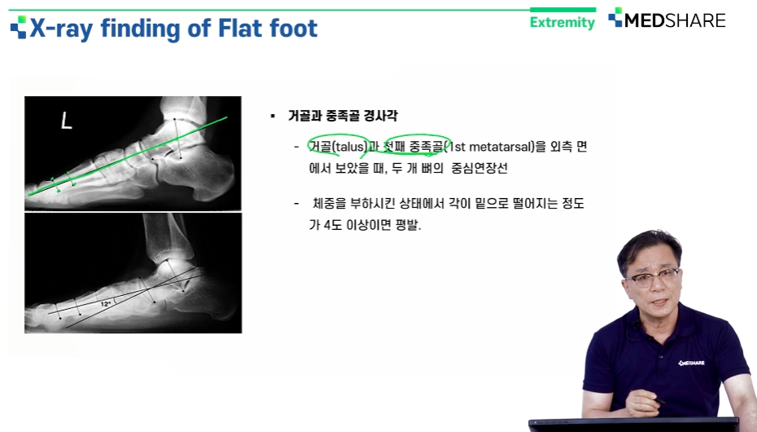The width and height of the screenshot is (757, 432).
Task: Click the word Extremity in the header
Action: [x=562, y=22]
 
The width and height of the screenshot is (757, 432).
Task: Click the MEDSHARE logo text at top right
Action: [x=675, y=20]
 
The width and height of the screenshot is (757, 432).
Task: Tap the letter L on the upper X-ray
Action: [x=66, y=120]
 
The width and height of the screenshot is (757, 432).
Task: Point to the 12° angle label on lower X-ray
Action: [x=105, y=304]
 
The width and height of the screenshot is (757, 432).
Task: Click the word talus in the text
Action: [x=350, y=147]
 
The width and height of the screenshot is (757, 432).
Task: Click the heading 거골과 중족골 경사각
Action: [x=343, y=116]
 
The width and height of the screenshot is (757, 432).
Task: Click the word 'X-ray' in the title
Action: [x=61, y=29]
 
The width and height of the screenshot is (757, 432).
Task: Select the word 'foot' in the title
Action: [x=294, y=28]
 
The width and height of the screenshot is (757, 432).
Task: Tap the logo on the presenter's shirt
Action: [x=691, y=363]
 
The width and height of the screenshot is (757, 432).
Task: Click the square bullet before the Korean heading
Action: [x=273, y=116]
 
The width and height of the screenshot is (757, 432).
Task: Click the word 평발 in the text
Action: [x=408, y=225]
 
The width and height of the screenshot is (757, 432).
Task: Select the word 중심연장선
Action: [x=479, y=168]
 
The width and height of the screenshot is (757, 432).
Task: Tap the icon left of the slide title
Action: [x=19, y=28]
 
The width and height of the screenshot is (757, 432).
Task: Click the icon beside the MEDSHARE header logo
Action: [x=615, y=17]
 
